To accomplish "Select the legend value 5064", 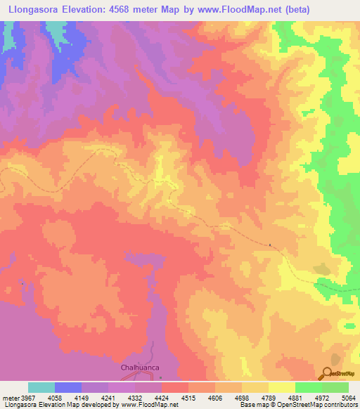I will click(x=349, y=397).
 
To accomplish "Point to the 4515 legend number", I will click(x=188, y=397).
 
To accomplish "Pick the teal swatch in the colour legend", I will click(x=41, y=387).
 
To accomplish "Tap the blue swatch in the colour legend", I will click(x=68, y=387).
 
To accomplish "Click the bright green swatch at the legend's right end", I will click(x=335, y=387).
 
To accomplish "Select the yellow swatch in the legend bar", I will click(x=282, y=387).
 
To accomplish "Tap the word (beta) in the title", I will click(x=304, y=9).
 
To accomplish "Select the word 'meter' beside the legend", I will click(x=10, y=397).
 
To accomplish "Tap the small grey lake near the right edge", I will click(x=321, y=268).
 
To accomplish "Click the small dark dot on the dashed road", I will click(x=270, y=245).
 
